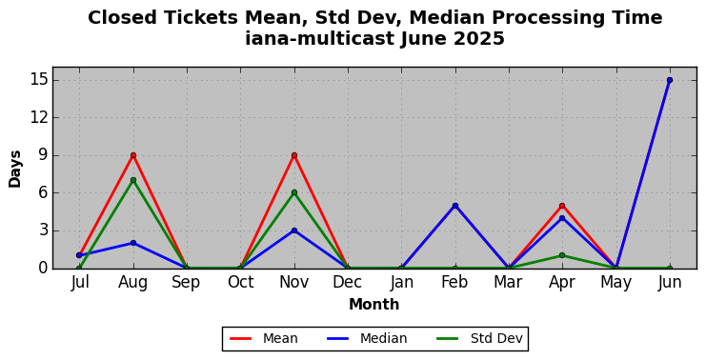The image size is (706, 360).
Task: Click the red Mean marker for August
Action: pos(132,155)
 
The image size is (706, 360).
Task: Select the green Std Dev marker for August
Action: pos(132,180)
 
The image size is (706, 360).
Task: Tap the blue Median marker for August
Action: pos(132,243)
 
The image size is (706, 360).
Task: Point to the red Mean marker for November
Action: pos(294,155)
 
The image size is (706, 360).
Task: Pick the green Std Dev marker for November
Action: pos(294,192)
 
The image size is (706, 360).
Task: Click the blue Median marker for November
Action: pos(294,230)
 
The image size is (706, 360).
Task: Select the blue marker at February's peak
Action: pos(455,206)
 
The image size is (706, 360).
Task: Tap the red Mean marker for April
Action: pos(562,206)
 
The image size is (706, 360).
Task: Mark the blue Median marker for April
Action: pos(562,218)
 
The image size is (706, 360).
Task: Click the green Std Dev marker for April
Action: pos(562,255)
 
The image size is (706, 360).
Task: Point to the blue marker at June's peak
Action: pos(670,80)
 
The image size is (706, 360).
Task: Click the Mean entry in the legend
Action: pos(264,338)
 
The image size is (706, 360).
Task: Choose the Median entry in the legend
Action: pos(364,338)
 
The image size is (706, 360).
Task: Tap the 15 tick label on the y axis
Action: pos(39,81)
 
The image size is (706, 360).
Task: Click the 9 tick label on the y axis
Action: pos(43,155)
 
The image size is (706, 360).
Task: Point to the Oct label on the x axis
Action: pos(240,282)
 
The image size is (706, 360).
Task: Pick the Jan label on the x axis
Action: pos(402,282)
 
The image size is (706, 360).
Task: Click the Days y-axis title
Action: pos(15,169)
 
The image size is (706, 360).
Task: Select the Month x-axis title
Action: pos(373,304)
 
